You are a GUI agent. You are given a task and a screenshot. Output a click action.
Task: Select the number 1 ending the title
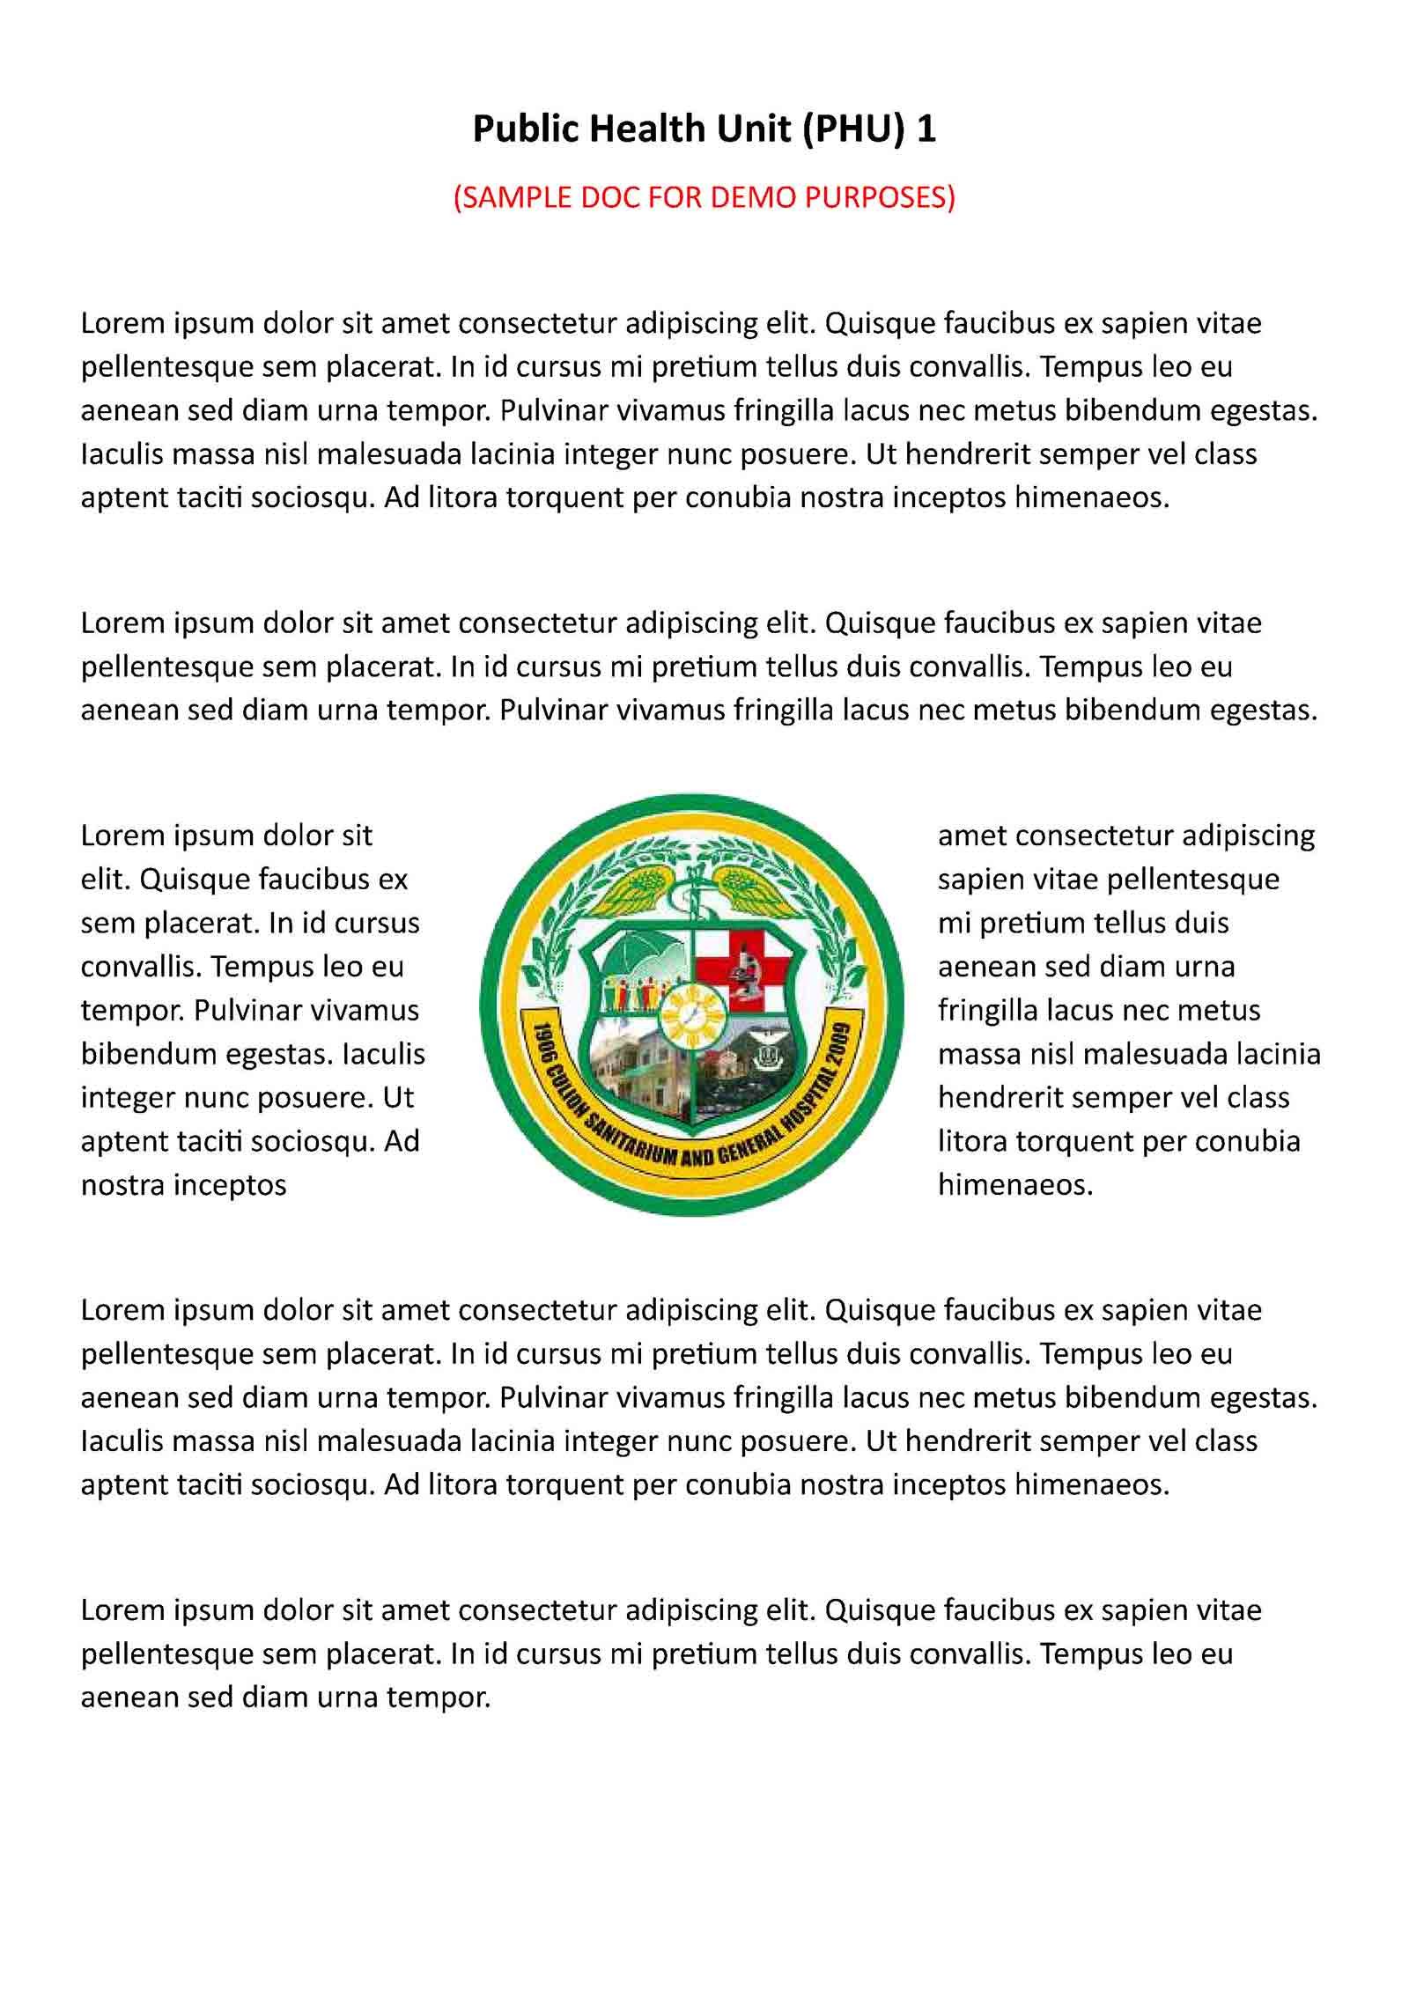[926, 130]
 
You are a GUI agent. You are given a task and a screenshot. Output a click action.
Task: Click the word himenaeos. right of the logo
[1015, 1185]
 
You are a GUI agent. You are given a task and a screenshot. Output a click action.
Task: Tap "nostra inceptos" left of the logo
[183, 1185]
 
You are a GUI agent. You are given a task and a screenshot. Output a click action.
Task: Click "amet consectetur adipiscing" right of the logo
[1125, 835]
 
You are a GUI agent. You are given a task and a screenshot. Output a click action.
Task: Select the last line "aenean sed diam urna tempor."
[285, 1697]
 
